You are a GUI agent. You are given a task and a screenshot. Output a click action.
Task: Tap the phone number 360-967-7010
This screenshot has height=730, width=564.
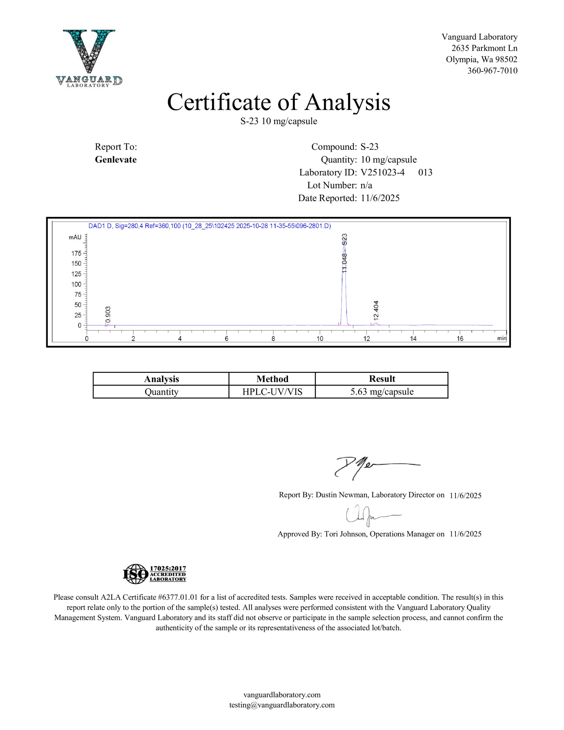pyautogui.click(x=492, y=70)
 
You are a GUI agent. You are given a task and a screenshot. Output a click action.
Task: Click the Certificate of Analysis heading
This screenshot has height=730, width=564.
pyautogui.click(x=279, y=102)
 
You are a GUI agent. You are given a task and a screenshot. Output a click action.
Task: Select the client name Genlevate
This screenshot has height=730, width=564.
pyautogui.click(x=116, y=159)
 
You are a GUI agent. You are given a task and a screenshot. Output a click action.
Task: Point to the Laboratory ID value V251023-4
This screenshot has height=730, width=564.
pyautogui.click(x=382, y=173)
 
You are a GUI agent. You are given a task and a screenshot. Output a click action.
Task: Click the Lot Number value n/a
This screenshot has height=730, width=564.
pyautogui.click(x=366, y=185)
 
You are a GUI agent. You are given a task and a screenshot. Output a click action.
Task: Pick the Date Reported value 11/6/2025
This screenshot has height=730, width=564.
pyautogui.click(x=380, y=198)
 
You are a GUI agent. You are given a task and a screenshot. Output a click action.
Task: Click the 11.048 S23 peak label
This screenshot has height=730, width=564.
pyautogui.click(x=345, y=253)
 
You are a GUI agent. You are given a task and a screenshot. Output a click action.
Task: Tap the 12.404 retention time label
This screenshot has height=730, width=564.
pyautogui.click(x=376, y=310)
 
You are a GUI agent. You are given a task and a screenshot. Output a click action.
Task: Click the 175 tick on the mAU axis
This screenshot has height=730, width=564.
pyautogui.click(x=76, y=253)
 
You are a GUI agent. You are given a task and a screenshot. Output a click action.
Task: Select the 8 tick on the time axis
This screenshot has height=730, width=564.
pyautogui.click(x=273, y=338)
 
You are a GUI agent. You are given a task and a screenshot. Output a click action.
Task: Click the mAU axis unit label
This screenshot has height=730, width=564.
pyautogui.click(x=75, y=237)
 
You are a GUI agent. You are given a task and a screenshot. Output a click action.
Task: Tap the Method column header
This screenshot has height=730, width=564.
pyautogui.click(x=272, y=379)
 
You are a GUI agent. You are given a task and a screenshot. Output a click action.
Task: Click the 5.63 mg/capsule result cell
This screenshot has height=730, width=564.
pyautogui.click(x=382, y=392)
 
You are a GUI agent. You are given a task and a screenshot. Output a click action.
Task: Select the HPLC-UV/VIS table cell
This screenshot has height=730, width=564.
pyautogui.click(x=272, y=392)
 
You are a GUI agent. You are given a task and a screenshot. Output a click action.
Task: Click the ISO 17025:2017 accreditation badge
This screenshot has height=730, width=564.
pyautogui.click(x=155, y=574)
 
